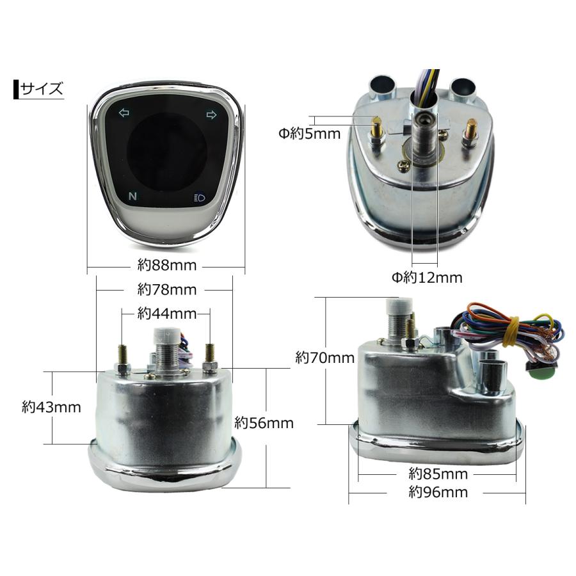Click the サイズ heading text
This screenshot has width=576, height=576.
[42, 89]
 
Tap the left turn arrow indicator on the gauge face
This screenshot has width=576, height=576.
[124, 113]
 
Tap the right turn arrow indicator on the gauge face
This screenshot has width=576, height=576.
[211, 115]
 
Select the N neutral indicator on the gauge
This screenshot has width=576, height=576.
[132, 196]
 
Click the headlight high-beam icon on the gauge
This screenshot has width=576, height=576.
[199, 198]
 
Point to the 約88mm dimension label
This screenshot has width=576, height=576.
[167, 265]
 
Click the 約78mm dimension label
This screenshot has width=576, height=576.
[167, 290]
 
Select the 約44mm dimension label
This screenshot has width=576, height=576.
[167, 314]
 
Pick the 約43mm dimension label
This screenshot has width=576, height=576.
[51, 407]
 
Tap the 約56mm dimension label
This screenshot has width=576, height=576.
[264, 423]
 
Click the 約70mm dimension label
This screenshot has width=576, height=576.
[325, 357]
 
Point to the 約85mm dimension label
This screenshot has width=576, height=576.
[438, 474]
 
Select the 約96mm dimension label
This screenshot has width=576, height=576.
[438, 492]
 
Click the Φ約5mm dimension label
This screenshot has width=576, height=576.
[310, 134]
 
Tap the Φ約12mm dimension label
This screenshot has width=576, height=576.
[427, 277]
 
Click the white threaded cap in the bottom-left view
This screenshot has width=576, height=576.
[168, 335]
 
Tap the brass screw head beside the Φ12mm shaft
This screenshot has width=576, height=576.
[404, 166]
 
